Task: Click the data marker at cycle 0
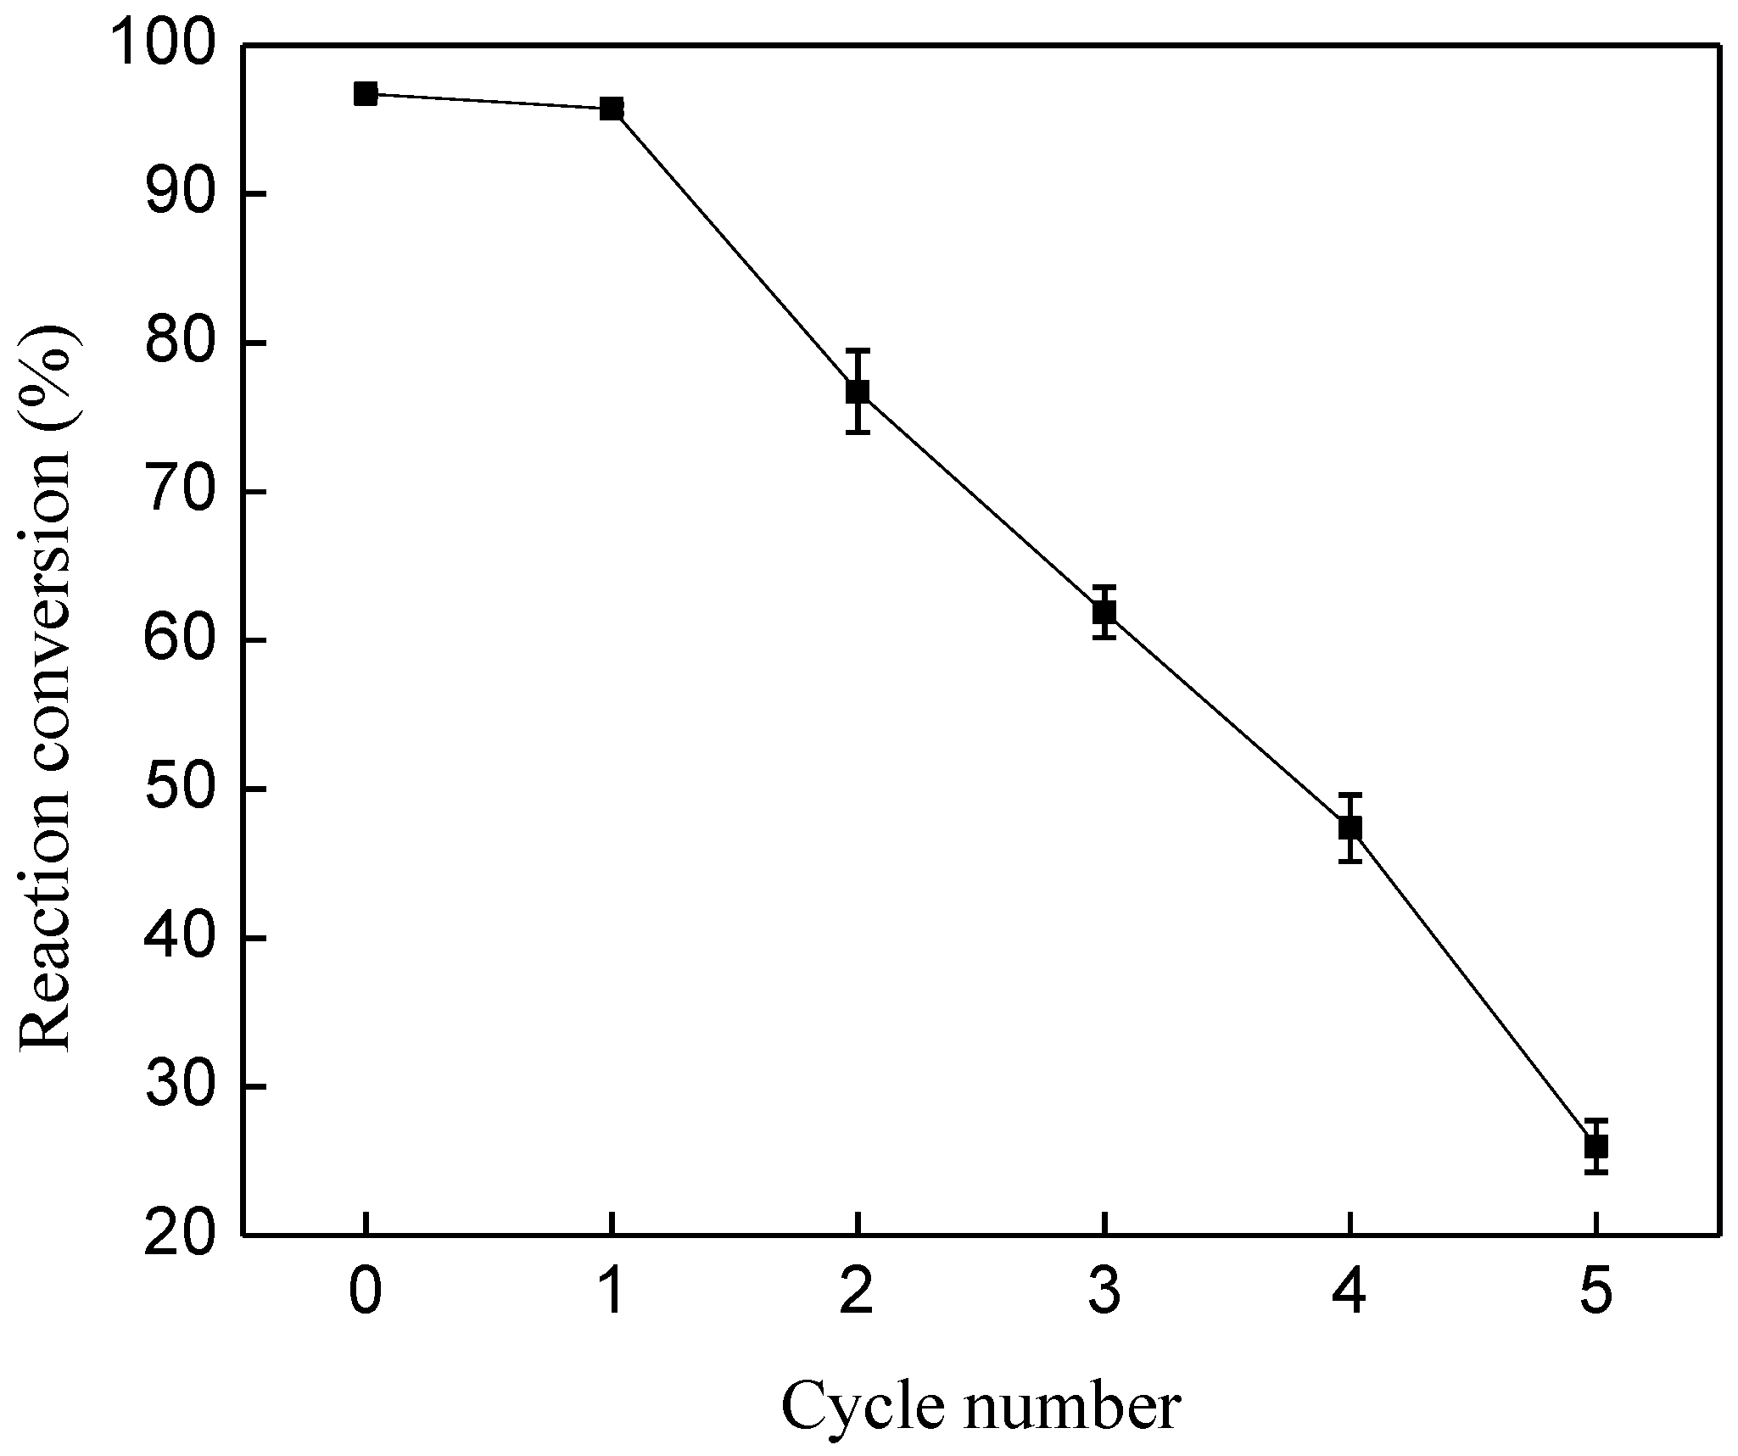366,94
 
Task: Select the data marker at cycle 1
612,109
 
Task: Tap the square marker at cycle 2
858,391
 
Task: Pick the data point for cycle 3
1104,611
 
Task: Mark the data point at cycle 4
1350,828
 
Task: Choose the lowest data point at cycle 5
1596,1146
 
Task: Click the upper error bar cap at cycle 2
858,350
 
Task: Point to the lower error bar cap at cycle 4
1350,862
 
